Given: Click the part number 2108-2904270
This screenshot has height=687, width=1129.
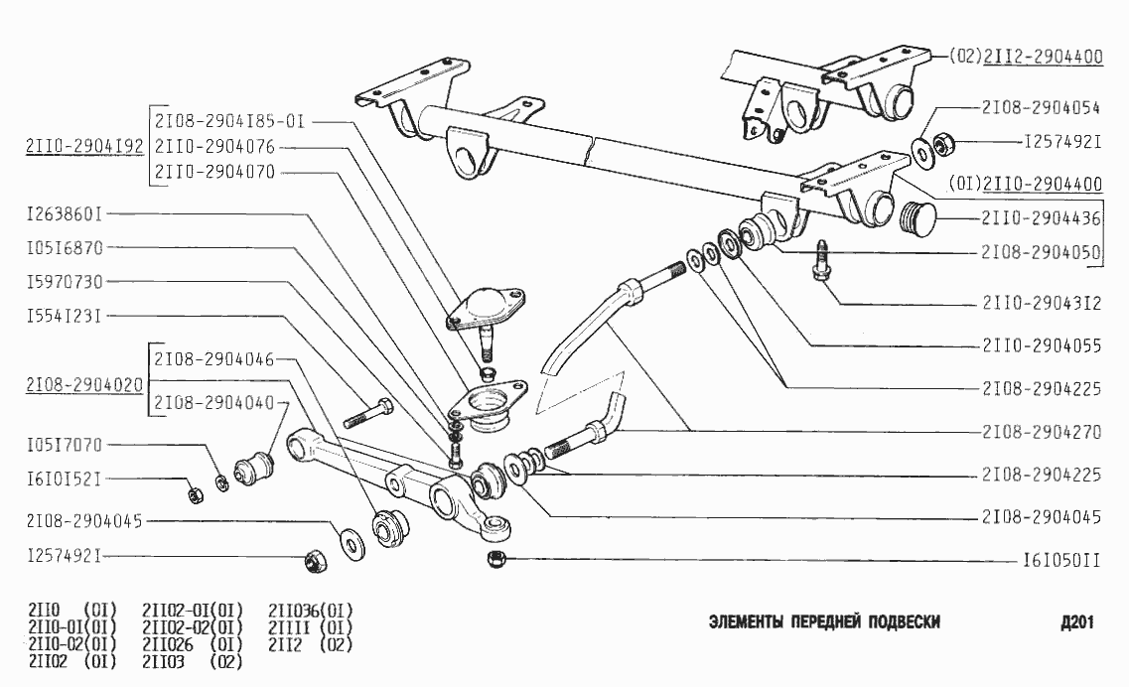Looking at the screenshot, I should click(1041, 433).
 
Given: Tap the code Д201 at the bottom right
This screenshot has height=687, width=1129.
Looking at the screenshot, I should click(1076, 622).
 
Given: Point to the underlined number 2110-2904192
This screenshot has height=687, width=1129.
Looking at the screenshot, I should click(84, 147).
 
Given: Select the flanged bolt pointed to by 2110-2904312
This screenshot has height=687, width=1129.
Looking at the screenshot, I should click(822, 261).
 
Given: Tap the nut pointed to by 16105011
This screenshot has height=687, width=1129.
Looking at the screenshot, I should click(495, 559).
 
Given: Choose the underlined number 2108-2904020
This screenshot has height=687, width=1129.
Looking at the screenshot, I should click(84, 381).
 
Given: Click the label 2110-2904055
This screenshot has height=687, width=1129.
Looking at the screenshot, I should click(1041, 346).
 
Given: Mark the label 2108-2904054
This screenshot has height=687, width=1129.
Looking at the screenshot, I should click(1041, 106).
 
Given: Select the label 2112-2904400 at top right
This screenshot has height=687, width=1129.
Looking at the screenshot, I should click(1043, 57).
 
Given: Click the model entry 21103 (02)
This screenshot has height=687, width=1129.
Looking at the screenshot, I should click(193, 661).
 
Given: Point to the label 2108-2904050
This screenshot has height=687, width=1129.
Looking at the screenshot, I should click(1041, 252).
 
